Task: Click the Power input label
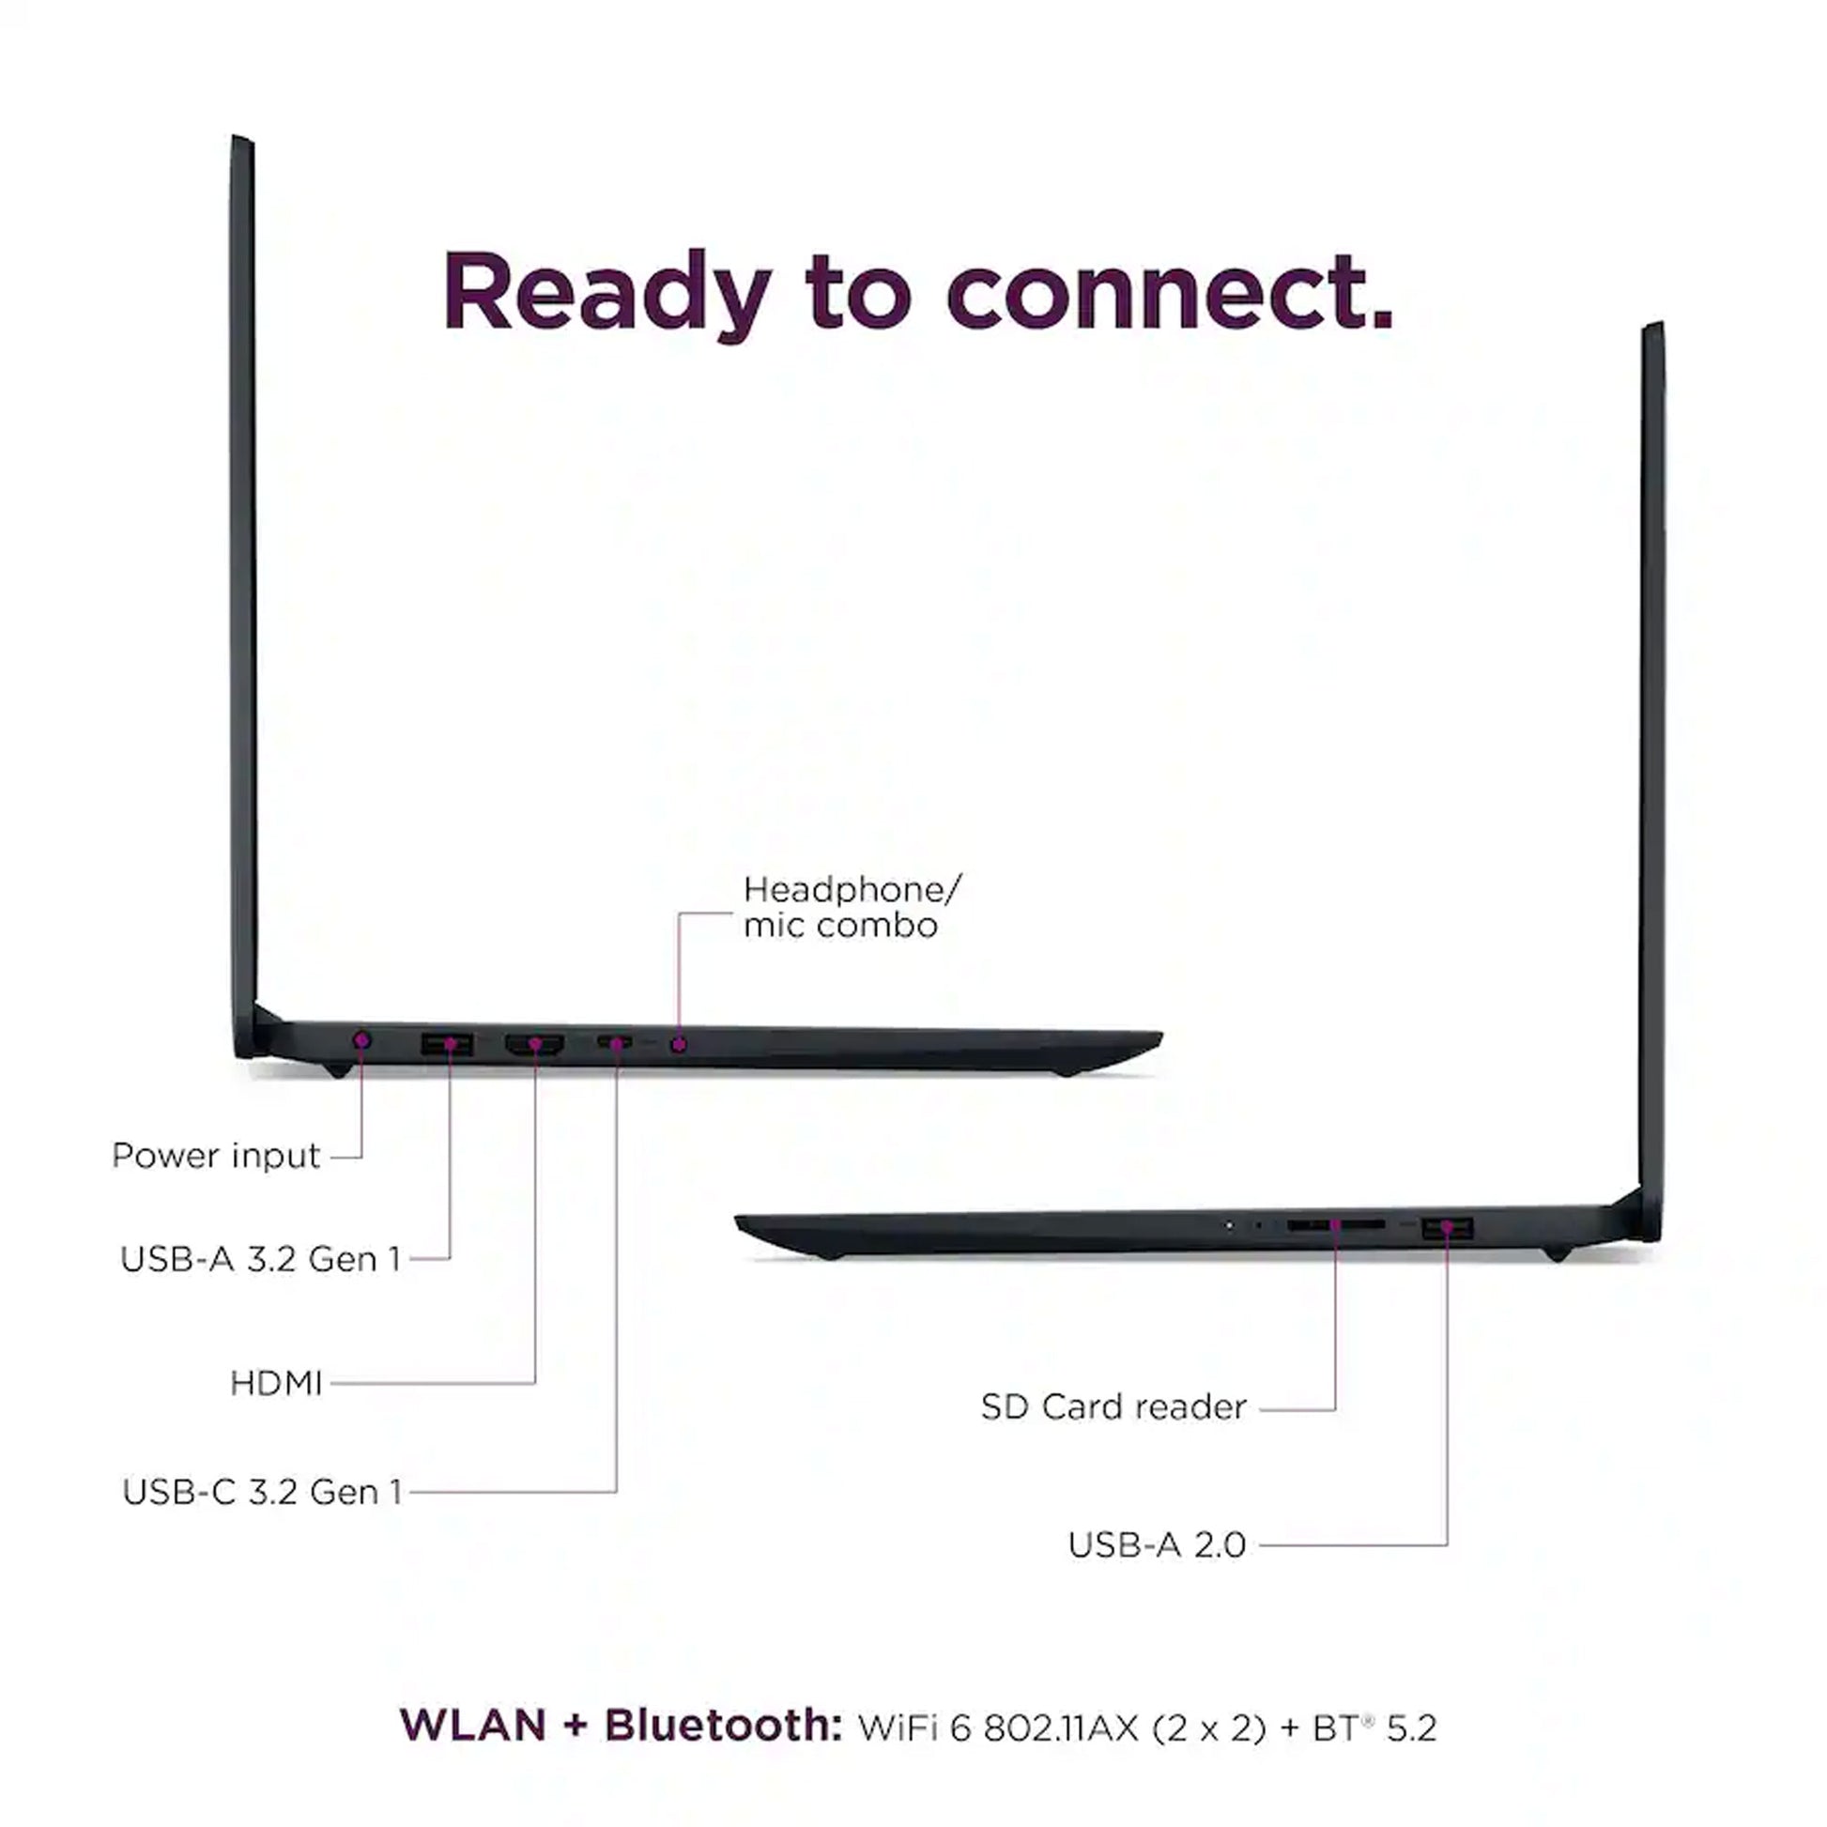click(x=216, y=1156)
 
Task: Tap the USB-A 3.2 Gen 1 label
click(x=260, y=1259)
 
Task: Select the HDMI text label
click(x=276, y=1384)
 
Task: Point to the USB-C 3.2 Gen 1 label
click(x=262, y=1491)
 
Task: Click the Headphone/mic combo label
click(x=851, y=907)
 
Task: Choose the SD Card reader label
click(x=1113, y=1406)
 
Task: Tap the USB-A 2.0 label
click(x=1156, y=1544)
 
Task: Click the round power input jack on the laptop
click(x=361, y=1041)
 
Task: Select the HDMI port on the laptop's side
click(x=534, y=1044)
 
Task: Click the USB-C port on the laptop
click(x=615, y=1043)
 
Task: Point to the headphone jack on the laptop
click(x=678, y=1044)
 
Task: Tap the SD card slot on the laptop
click(x=1334, y=1224)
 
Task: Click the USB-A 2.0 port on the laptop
click(x=1447, y=1227)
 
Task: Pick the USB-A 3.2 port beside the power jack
click(x=447, y=1044)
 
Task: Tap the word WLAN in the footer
click(x=473, y=1725)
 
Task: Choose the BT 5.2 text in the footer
click(x=1374, y=1727)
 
